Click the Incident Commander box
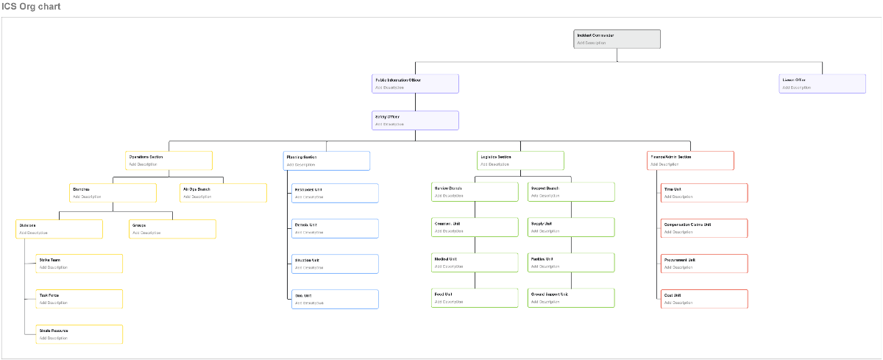pyautogui.click(x=617, y=38)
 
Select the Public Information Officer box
pyautogui.click(x=415, y=83)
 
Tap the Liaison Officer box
pyautogui.click(x=822, y=83)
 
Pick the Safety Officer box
pyautogui.click(x=415, y=120)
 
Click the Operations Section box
pyautogui.click(x=169, y=160)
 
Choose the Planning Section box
pyautogui.click(x=327, y=160)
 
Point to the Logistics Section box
pyautogui.click(x=520, y=160)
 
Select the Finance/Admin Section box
pyautogui.click(x=690, y=160)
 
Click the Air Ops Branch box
pyautogui.click(x=223, y=193)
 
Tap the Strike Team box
pyautogui.click(x=79, y=264)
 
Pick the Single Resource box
pyautogui.click(x=79, y=334)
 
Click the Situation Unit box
pyautogui.click(x=335, y=264)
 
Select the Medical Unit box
pyautogui.click(x=475, y=263)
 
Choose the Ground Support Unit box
pyautogui.click(x=571, y=297)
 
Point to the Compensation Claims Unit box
pyautogui.click(x=704, y=228)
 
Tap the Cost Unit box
pyautogui.click(x=704, y=299)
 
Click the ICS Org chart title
pyautogui.click(x=31, y=7)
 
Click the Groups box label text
pyautogui.click(x=139, y=225)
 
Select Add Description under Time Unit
pyautogui.click(x=678, y=197)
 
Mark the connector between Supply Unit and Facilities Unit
pyautogui.click(x=571, y=245)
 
